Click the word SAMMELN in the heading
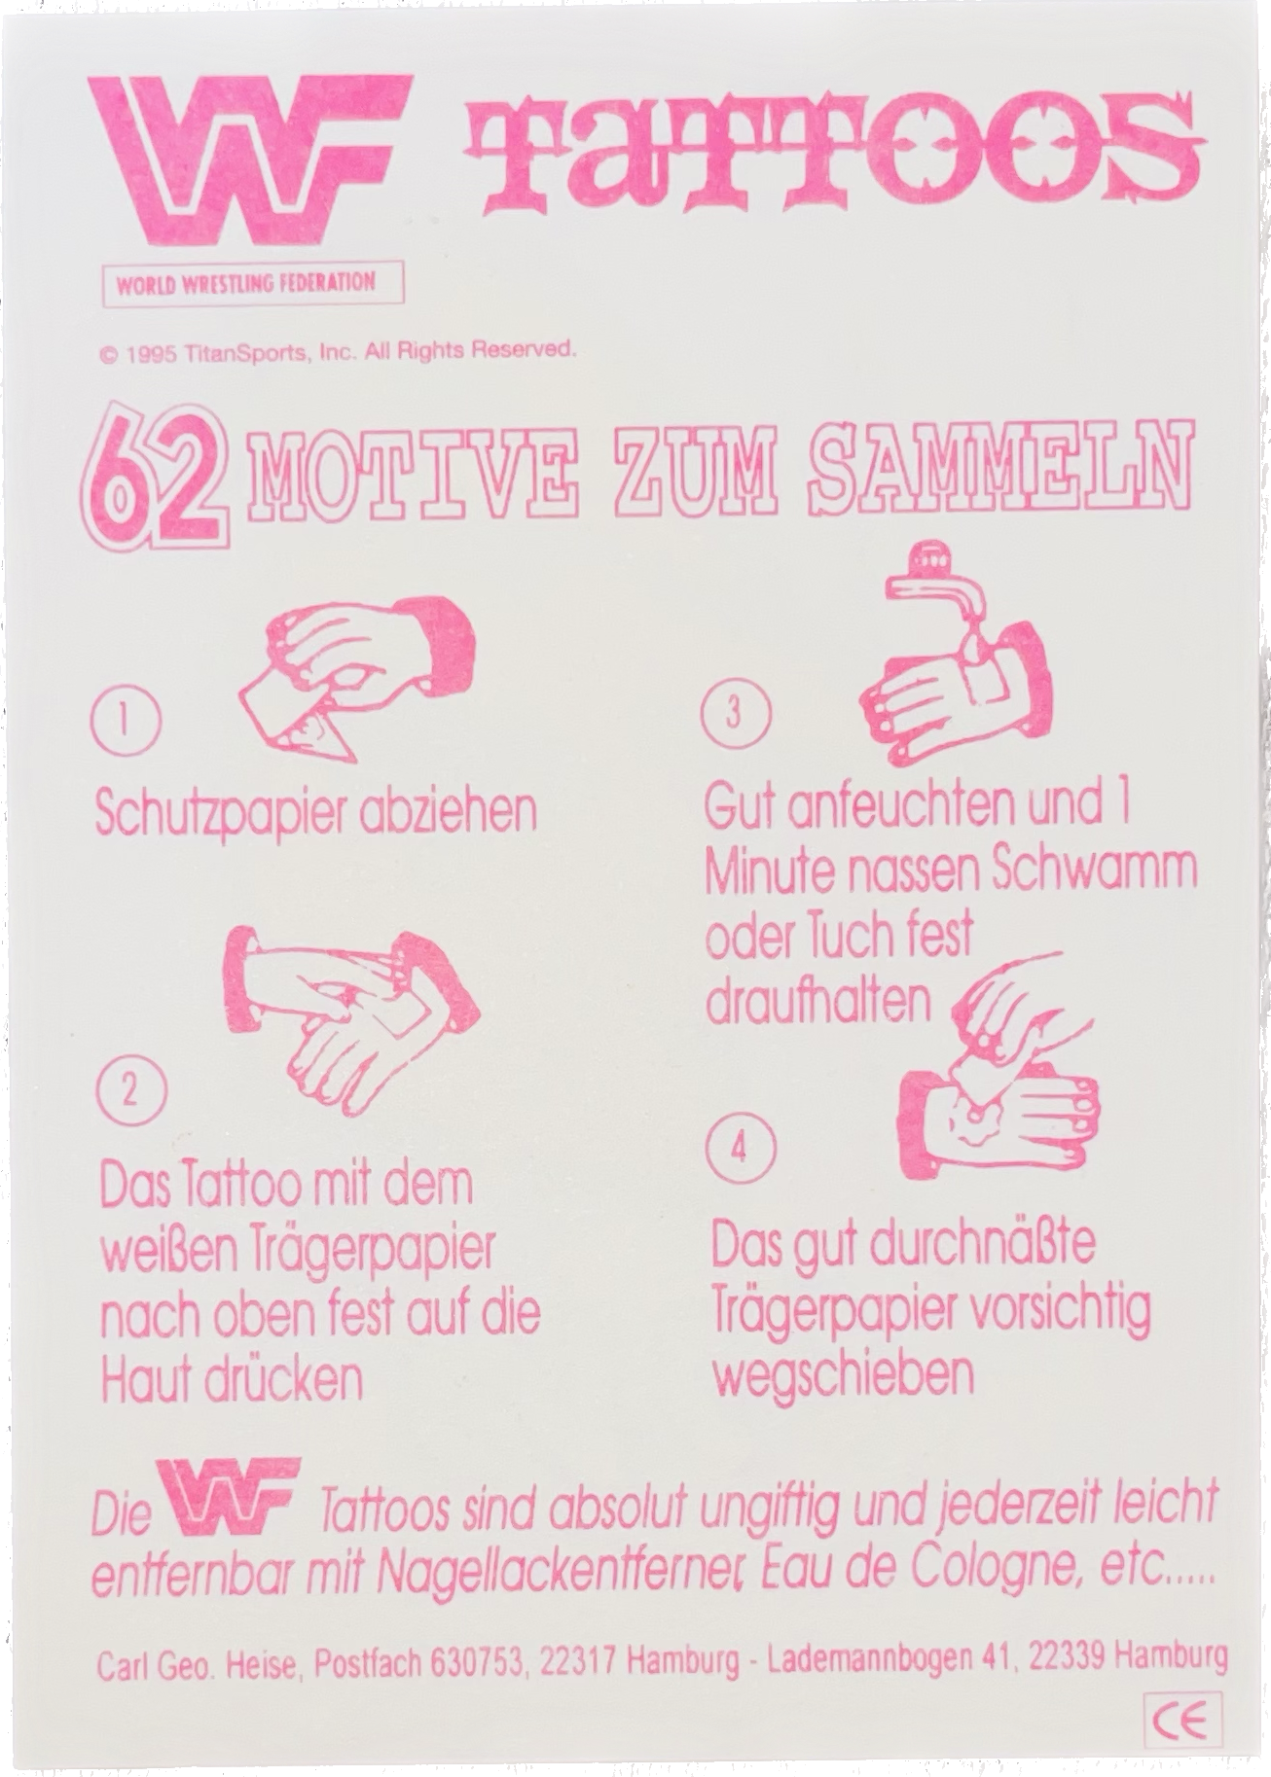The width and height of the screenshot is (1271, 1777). coord(999,466)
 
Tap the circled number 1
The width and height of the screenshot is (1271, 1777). coord(126,722)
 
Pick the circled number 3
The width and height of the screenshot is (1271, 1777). coord(735,712)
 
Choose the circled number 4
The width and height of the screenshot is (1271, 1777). coord(741,1148)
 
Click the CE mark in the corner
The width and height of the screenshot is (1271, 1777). coord(1183,1723)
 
